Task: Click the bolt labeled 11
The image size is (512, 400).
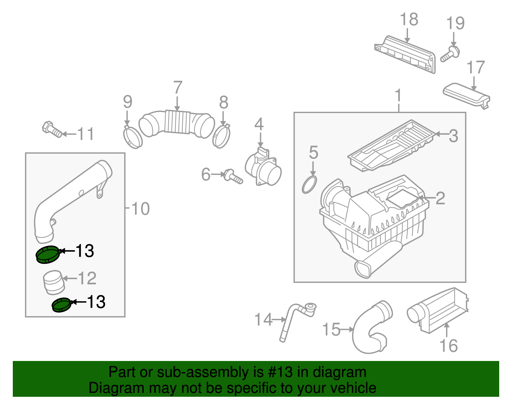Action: (52, 129)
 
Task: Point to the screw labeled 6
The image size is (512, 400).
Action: (233, 176)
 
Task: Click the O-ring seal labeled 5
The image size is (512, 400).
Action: (309, 185)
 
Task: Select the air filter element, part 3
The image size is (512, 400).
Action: (390, 146)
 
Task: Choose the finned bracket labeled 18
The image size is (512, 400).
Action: (406, 54)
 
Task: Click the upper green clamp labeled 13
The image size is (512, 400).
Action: (47, 255)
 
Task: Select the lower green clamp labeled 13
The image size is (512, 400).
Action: (61, 305)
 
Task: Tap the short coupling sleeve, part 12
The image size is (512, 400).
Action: (53, 282)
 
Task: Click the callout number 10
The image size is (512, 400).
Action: (140, 209)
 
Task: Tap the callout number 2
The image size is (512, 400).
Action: (440, 198)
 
